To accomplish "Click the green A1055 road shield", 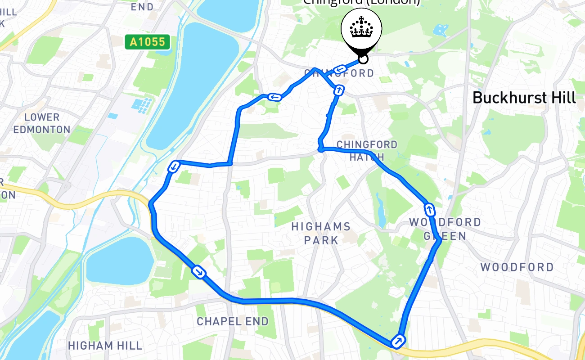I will pyautogui.click(x=148, y=42).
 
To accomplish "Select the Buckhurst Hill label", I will pyautogui.click(x=524, y=98).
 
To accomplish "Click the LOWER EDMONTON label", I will pyautogui.click(x=42, y=123).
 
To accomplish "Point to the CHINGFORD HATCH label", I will pyautogui.click(x=367, y=151).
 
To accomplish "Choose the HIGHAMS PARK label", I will pyautogui.click(x=321, y=233).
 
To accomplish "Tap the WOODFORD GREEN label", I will pyautogui.click(x=445, y=229).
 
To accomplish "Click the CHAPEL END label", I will pyautogui.click(x=233, y=321).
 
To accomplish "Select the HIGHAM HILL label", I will pyautogui.click(x=105, y=346).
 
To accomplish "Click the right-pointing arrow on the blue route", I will pyautogui.click(x=198, y=272).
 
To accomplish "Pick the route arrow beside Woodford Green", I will pyautogui.click(x=429, y=209).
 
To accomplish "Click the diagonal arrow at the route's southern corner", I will pyautogui.click(x=398, y=340).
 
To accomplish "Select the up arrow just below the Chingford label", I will pyautogui.click(x=339, y=90).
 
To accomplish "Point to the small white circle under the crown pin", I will pyautogui.click(x=363, y=59).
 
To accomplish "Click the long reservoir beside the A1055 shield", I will pyautogui.click(x=198, y=81).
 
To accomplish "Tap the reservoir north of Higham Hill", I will pyautogui.click(x=119, y=261).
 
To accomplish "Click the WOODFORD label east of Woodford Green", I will pyautogui.click(x=517, y=267).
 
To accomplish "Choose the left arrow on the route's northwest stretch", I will pyautogui.click(x=274, y=97).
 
